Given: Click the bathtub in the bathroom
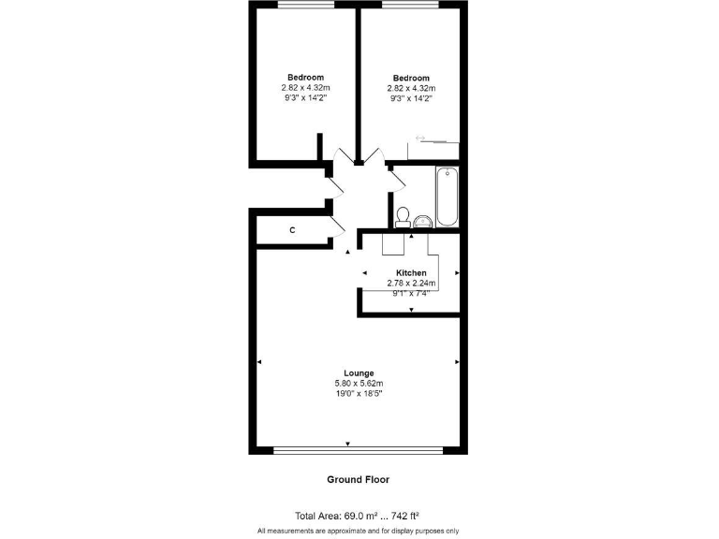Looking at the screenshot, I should [x=447, y=197].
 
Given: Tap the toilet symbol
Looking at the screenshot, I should [x=404, y=216].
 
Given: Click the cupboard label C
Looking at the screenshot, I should [x=292, y=230].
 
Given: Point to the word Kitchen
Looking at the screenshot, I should [x=411, y=273].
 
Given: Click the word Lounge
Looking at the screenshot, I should [x=359, y=372].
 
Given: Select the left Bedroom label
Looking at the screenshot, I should [x=305, y=78].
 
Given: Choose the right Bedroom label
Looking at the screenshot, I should [x=411, y=78].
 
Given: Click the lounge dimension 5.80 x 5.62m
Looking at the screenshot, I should [x=359, y=383].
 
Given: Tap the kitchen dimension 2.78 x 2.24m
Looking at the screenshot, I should [x=411, y=283].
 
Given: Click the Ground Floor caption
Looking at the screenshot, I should [x=358, y=479].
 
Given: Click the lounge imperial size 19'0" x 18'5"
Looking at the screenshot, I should [x=359, y=393].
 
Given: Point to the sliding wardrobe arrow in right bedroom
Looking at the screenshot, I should [x=420, y=138].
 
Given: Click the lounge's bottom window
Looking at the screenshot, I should [x=359, y=450].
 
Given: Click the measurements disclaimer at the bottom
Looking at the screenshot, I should [x=359, y=531].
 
